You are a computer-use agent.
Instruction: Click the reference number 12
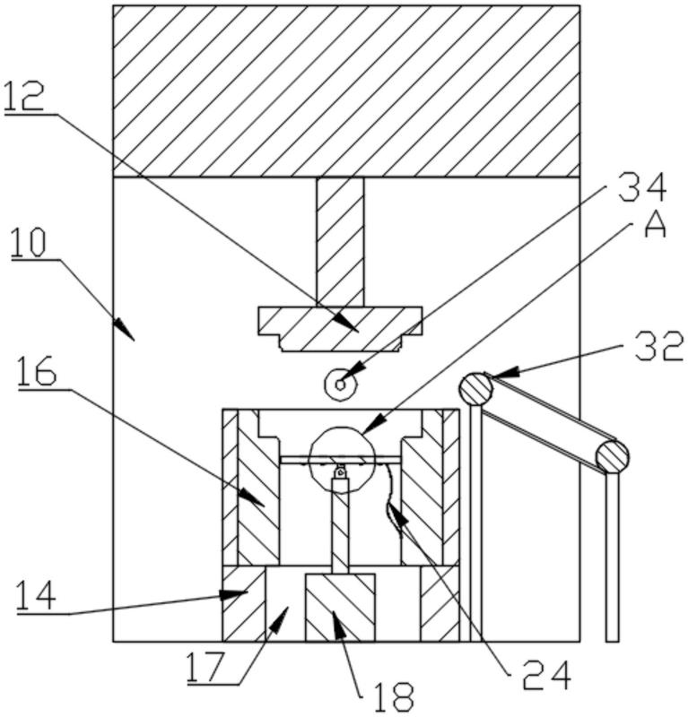point(24,95)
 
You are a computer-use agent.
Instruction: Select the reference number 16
point(38,371)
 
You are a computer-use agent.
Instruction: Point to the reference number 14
point(36,595)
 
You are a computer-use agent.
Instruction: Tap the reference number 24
point(547,675)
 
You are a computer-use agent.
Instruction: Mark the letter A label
point(655,225)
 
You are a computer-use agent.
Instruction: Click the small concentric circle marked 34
point(340,384)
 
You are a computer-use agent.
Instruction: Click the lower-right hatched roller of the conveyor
point(612,456)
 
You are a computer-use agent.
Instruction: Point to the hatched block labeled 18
point(340,607)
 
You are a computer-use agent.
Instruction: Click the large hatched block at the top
point(346,91)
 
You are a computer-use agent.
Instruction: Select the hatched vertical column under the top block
point(340,241)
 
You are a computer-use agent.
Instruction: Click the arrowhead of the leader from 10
point(125,330)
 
